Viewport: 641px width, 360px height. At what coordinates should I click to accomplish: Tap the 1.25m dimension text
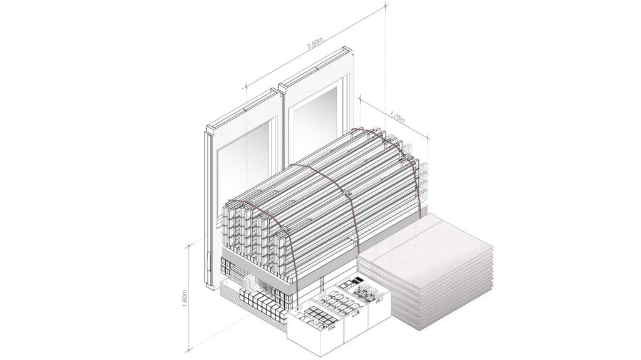[396, 116]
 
